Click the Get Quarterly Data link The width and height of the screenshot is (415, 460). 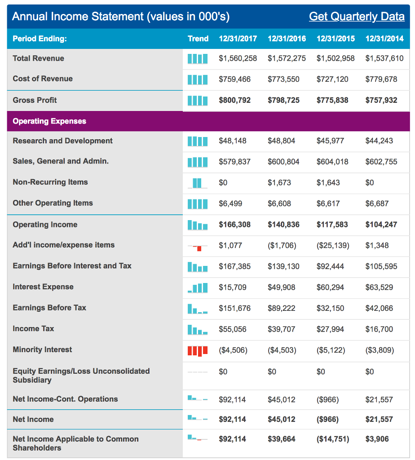[357, 17]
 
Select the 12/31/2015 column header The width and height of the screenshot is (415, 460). [336, 39]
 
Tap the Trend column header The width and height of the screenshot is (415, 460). [198, 39]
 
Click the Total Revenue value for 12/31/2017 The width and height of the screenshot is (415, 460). [238, 58]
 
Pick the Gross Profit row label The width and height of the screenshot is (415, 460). [35, 100]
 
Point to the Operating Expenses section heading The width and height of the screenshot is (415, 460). [49, 121]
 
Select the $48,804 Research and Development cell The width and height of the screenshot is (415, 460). [281, 141]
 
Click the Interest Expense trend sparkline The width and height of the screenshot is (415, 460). [198, 287]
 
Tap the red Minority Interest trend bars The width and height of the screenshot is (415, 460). [198, 350]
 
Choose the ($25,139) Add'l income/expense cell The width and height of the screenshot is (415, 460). [333, 245]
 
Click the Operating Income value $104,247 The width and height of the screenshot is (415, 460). [381, 224]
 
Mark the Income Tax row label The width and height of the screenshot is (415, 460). [33, 328]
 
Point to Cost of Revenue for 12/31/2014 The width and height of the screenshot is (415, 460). [381, 79]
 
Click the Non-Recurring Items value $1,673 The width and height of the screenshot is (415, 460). [279, 182]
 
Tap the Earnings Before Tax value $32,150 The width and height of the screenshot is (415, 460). [330, 308]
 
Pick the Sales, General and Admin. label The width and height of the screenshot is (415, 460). [61, 161]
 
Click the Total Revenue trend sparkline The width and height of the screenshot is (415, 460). [198, 58]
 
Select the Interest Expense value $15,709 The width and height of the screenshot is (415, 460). [233, 287]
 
